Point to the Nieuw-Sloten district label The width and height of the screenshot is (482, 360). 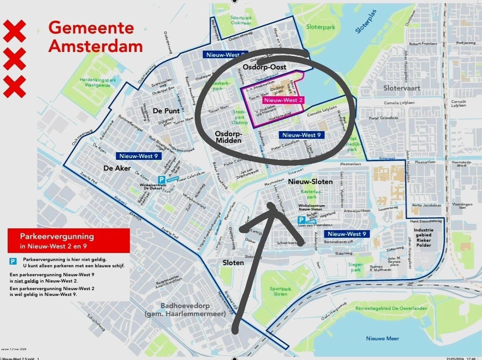pyautogui.click(x=310, y=182)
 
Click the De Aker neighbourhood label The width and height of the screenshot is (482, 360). pyautogui.click(x=117, y=168)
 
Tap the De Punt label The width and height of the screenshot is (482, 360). pyautogui.click(x=166, y=111)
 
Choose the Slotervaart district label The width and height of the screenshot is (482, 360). pyautogui.click(x=401, y=88)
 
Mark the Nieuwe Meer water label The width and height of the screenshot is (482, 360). pyautogui.click(x=382, y=339)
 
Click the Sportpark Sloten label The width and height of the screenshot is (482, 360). pyautogui.click(x=280, y=291)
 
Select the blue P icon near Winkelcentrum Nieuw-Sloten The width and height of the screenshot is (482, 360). pyautogui.click(x=302, y=220)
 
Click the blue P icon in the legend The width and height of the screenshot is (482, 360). pyautogui.click(x=13, y=260)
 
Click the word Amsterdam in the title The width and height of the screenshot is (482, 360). pyautogui.click(x=95, y=46)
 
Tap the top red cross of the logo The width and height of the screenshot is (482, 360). pyautogui.click(x=15, y=32)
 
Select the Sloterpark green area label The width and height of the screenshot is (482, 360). pyautogui.click(x=320, y=27)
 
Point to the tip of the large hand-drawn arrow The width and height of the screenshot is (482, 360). pyautogui.click(x=270, y=205)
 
